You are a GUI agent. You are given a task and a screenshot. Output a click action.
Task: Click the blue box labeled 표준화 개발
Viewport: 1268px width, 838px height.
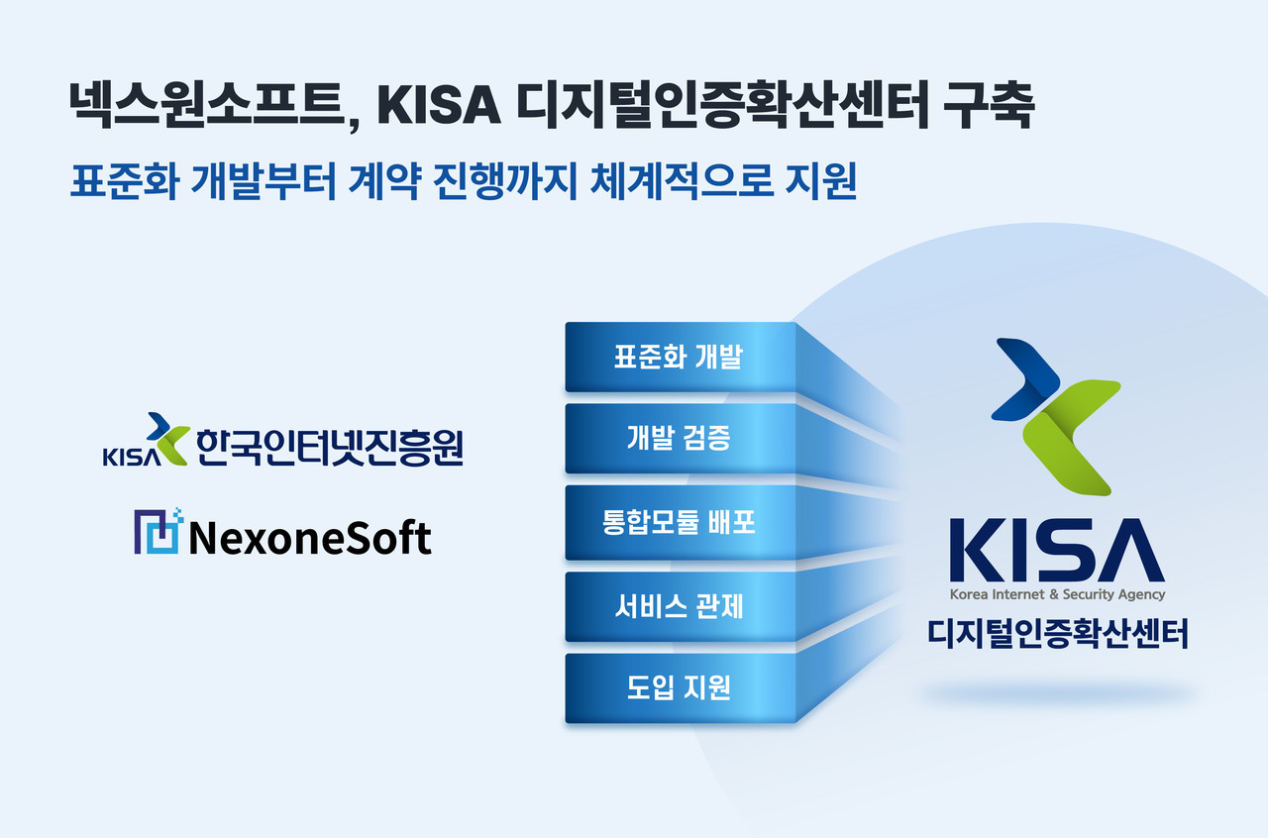point(680,358)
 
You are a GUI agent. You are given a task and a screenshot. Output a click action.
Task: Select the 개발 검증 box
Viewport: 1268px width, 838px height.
point(680,438)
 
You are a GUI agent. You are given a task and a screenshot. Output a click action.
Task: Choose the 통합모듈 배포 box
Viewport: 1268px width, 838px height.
point(680,522)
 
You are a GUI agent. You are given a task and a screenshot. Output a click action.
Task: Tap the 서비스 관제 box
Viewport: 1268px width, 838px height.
point(680,606)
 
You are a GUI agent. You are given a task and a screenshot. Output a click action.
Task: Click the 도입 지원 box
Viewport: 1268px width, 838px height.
point(680,687)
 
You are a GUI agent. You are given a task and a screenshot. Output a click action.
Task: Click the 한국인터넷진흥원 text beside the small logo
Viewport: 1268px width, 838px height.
point(329,448)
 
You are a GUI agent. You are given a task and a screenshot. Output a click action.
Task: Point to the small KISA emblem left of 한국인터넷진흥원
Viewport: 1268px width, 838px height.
point(145,441)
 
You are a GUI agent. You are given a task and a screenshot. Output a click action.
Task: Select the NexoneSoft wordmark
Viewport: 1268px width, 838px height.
point(309,539)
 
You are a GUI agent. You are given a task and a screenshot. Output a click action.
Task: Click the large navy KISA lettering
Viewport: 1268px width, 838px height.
point(1057,549)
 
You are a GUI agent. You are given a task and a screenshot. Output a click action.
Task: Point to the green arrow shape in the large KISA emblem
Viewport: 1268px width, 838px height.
point(1070,436)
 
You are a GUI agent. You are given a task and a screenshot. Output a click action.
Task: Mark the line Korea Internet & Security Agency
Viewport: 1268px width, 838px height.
point(1057,595)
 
